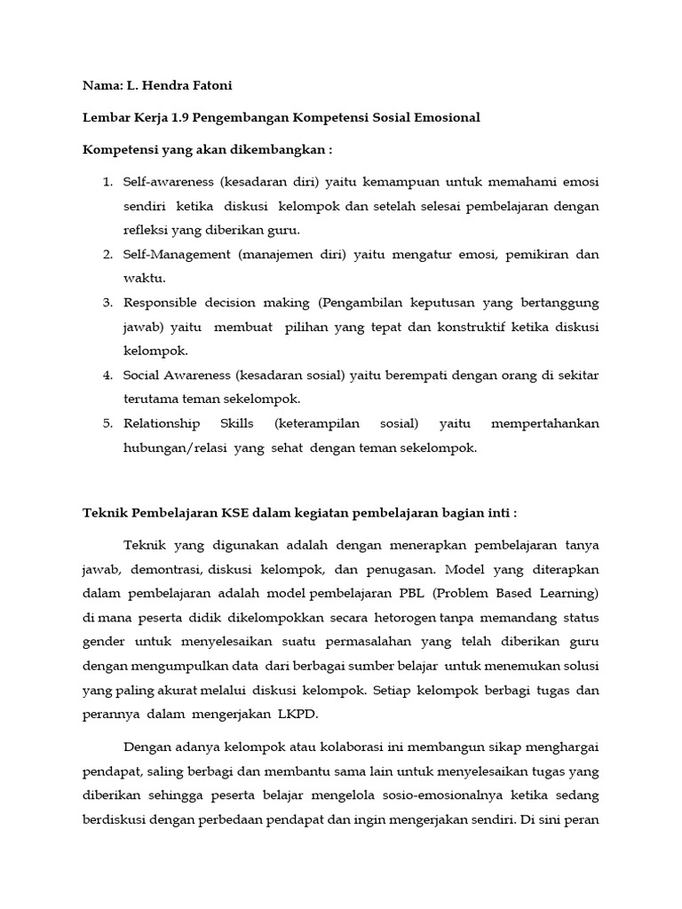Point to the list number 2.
point(107,255)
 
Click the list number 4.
point(107,375)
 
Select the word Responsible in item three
point(162,303)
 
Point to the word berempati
point(410,375)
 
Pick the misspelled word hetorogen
point(383,616)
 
